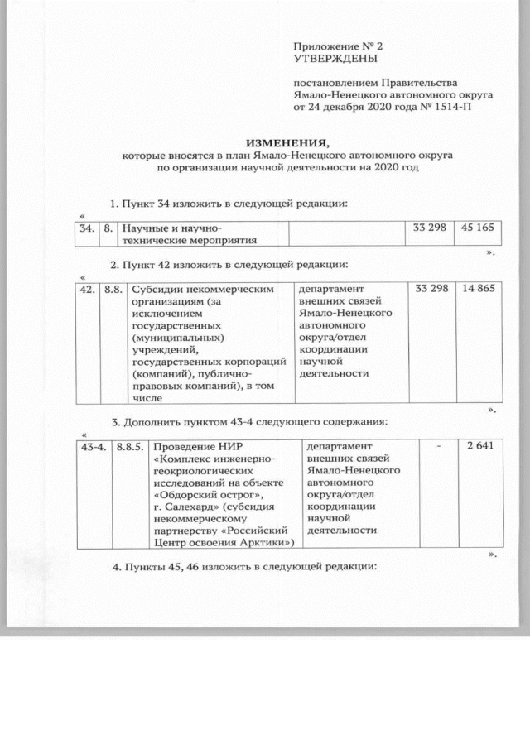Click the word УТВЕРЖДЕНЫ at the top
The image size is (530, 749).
coord(335,60)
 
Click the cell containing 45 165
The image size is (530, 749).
coord(477,228)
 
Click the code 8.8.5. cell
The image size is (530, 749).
coord(131,447)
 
